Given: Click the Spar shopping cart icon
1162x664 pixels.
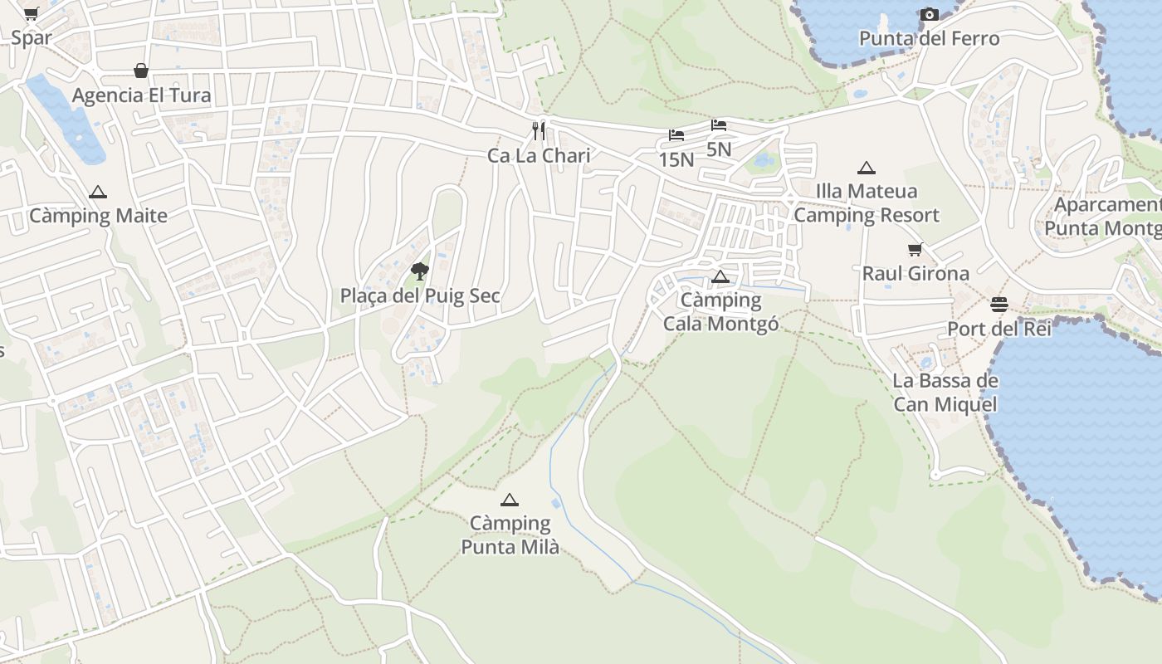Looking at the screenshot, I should point(31,13).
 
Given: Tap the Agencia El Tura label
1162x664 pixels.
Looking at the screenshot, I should point(141,95).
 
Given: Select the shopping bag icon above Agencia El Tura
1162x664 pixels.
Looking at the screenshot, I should point(141,71).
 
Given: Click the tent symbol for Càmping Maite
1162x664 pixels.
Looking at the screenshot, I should point(98,192).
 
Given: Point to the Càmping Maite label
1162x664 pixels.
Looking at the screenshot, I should point(98,216).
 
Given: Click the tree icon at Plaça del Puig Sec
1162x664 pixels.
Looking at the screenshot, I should point(420,270).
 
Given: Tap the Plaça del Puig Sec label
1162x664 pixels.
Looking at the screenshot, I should point(420,295).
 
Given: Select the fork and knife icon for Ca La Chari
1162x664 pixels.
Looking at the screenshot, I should point(539,130).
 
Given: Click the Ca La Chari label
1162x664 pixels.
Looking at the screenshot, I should point(539,155).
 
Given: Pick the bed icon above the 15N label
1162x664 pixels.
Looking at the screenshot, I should point(676,135).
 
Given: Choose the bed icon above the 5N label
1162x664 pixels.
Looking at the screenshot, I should point(719,125).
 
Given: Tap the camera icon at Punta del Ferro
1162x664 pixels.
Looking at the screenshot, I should point(929,14).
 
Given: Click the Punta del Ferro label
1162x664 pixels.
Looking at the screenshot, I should point(929,38).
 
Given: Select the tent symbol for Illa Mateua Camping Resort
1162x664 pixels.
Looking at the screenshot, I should point(867,168).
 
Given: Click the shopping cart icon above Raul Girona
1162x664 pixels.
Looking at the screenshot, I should point(915,249).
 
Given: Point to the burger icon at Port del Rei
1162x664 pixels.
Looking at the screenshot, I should point(999,304).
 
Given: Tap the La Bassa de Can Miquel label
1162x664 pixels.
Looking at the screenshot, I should point(945,393).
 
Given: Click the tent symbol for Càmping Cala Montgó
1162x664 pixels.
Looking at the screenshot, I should point(720,276).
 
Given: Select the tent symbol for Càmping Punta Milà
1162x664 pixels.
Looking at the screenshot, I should point(510,500).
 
